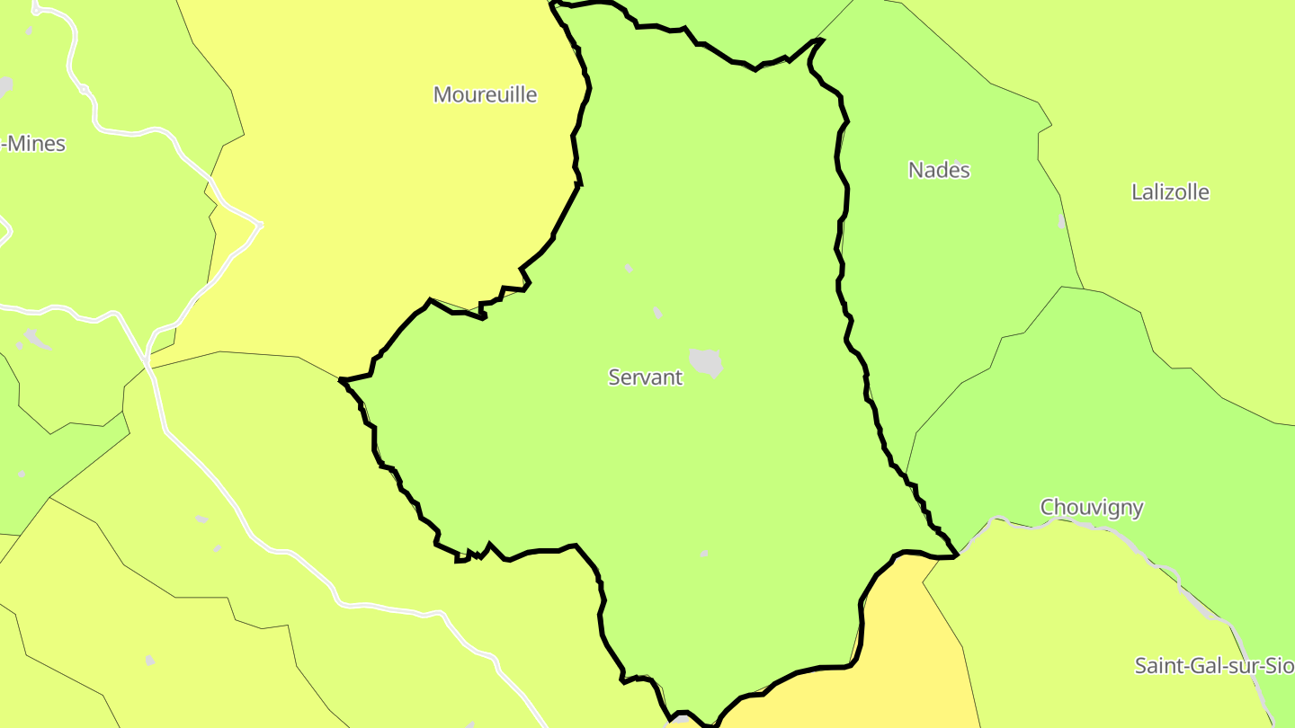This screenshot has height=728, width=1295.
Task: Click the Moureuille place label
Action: click(485, 94)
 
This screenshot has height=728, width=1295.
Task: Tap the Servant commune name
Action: click(645, 377)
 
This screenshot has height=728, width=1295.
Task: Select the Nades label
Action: click(939, 170)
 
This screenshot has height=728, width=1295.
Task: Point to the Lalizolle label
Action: click(1170, 192)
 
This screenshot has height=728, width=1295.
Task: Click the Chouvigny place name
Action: click(1092, 508)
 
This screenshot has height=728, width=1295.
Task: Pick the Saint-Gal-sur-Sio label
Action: click(1214, 666)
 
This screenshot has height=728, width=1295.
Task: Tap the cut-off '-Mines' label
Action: click(34, 144)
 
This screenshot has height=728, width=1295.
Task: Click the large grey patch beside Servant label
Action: click(706, 362)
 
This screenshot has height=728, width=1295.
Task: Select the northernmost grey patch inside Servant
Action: click(629, 268)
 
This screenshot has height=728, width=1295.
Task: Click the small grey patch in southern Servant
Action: click(704, 554)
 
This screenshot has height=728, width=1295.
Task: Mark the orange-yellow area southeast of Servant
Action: click(899, 647)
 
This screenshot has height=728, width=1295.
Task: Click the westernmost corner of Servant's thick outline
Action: click(341, 381)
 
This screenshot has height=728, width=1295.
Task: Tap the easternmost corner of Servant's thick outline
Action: click(957, 556)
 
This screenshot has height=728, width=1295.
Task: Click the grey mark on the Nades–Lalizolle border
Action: click(1061, 221)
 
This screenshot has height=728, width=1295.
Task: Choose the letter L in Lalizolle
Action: click(1137, 192)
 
